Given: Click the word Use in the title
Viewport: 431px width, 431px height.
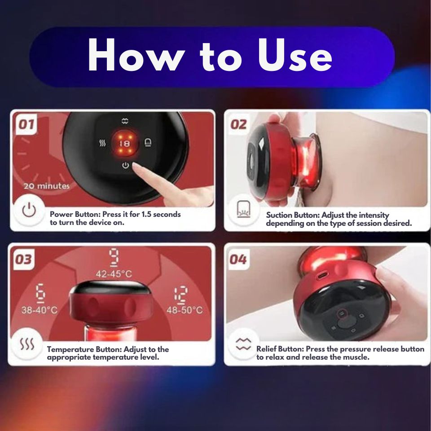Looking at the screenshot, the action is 295,55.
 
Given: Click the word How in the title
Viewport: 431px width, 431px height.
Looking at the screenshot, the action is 136,54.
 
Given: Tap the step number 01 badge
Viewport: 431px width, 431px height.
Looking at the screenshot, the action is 26,124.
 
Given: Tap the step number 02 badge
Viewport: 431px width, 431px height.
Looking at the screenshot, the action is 238,124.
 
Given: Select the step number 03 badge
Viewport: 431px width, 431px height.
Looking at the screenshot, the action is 24,259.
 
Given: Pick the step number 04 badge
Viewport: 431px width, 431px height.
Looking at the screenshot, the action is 238,259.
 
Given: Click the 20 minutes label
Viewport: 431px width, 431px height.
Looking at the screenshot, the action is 46,186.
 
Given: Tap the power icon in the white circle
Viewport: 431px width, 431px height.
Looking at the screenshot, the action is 29,211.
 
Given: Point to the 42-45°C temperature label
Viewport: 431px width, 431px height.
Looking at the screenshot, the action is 114,274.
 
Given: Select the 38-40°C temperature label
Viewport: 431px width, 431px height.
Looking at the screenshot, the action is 40,310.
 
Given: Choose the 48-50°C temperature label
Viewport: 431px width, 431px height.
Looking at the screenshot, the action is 185,310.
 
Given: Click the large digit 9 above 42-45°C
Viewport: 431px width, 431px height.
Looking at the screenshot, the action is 114,257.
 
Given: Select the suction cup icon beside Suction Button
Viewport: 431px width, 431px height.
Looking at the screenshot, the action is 243,209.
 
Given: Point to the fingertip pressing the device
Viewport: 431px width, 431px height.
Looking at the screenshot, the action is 135,165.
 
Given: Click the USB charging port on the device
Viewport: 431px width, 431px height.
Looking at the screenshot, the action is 321,275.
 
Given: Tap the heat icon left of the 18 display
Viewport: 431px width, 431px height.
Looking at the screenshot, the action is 102,143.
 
